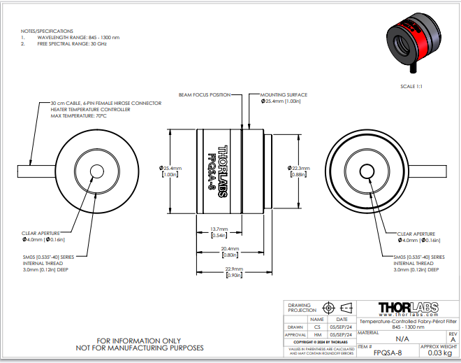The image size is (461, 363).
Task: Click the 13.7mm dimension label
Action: pos(219,229)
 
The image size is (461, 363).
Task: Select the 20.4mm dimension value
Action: pos(230,249)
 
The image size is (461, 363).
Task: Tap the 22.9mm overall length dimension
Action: pos(234,269)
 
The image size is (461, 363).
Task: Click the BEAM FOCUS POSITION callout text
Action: pos(204,94)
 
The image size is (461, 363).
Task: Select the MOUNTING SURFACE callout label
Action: pos(284,94)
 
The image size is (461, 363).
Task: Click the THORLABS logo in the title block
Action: pos(408,308)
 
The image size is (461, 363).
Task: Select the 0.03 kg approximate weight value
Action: pos(439,353)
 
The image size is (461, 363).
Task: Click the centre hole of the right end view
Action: pos(365,171)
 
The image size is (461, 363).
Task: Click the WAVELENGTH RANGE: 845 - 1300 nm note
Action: pos(73,38)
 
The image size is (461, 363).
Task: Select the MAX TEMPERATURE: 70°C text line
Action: pos(79,115)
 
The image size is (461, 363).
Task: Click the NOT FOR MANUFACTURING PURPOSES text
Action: pos(138,348)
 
